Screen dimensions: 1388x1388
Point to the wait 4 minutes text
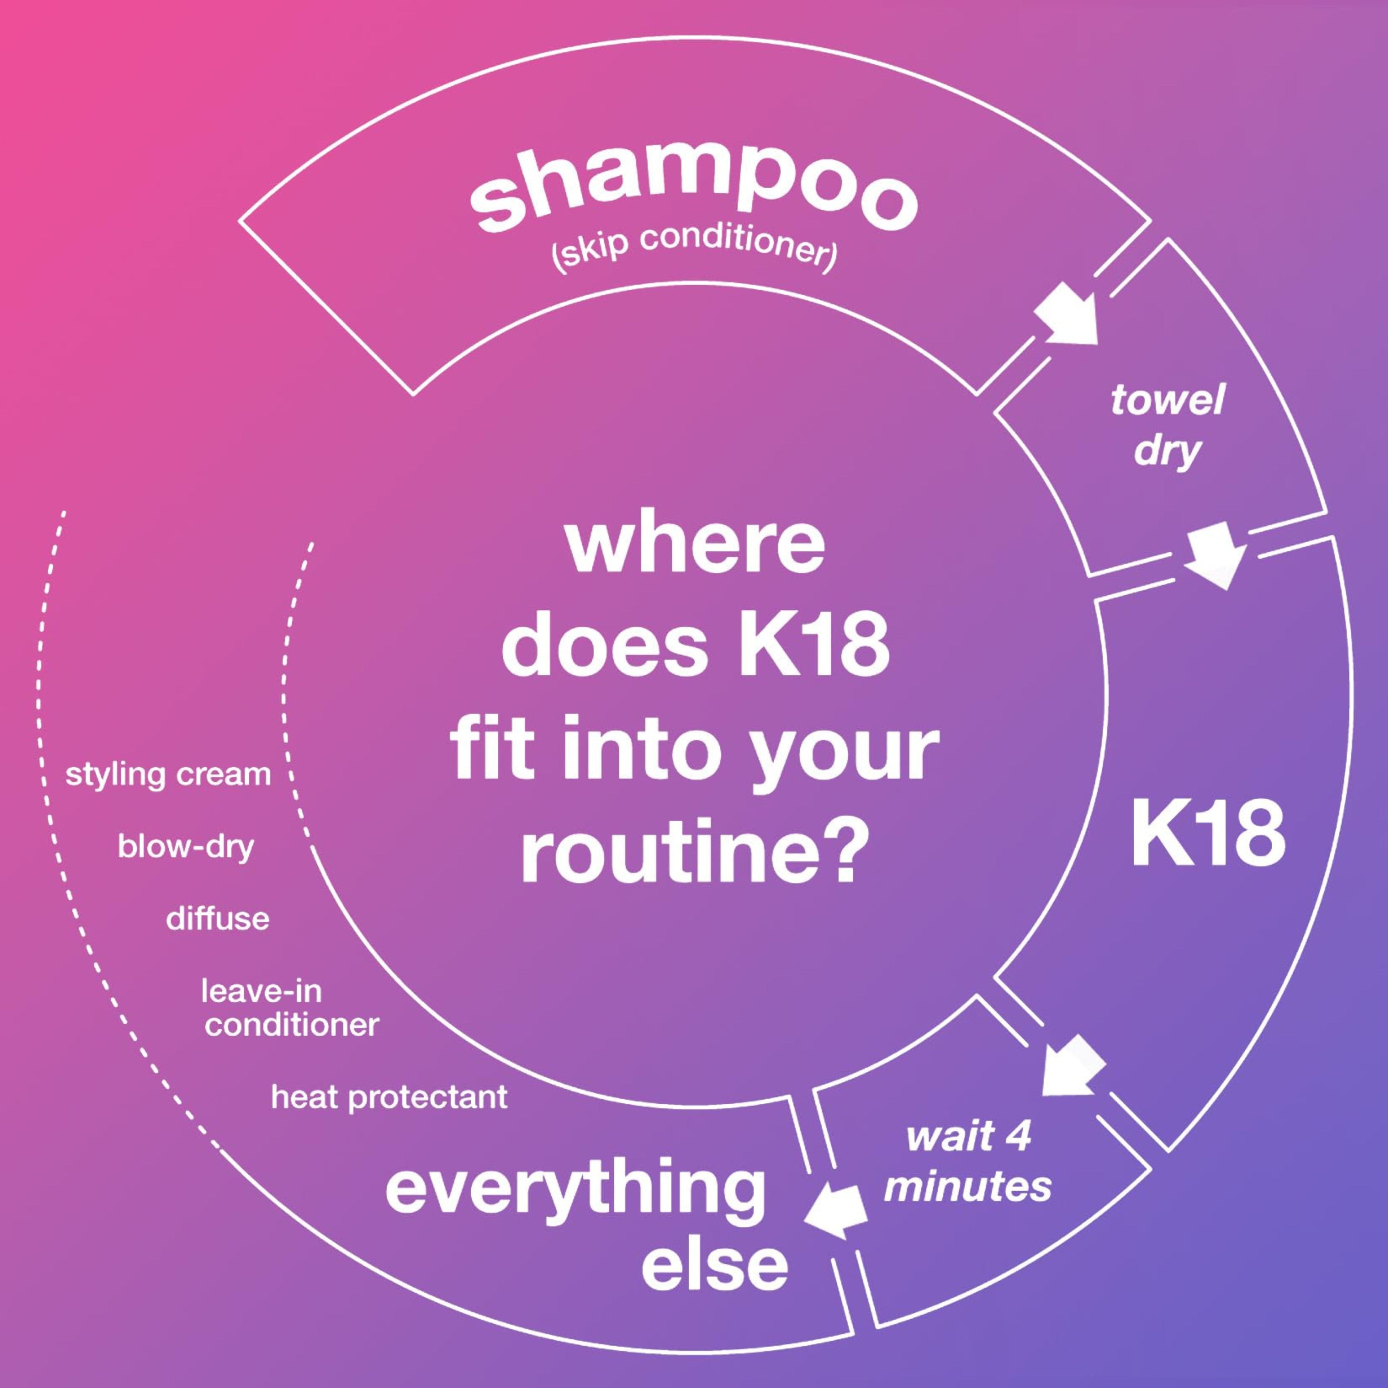pyautogui.click(x=968, y=1162)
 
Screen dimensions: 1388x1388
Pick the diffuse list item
pyautogui.click(x=218, y=919)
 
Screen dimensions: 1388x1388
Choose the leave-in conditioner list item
pyautogui.click(x=290, y=1008)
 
